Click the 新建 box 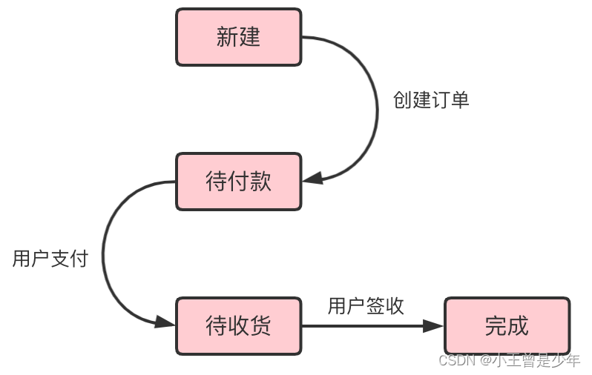pos(238,37)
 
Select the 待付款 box pos(238,182)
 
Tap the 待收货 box pos(238,325)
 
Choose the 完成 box pos(507,325)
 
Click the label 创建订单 pos(431,101)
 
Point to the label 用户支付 pos(50,259)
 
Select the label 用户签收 pos(366,306)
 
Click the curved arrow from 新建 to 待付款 pos(375,104)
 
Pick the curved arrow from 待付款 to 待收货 pos(104,256)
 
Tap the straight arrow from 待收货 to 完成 pos(364,325)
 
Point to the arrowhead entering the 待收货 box pos(165,322)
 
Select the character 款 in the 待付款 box pos(260,182)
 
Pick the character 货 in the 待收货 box pos(260,325)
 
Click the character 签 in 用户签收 pos(375,306)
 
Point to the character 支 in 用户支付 pos(60,259)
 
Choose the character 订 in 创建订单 pos(441,101)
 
